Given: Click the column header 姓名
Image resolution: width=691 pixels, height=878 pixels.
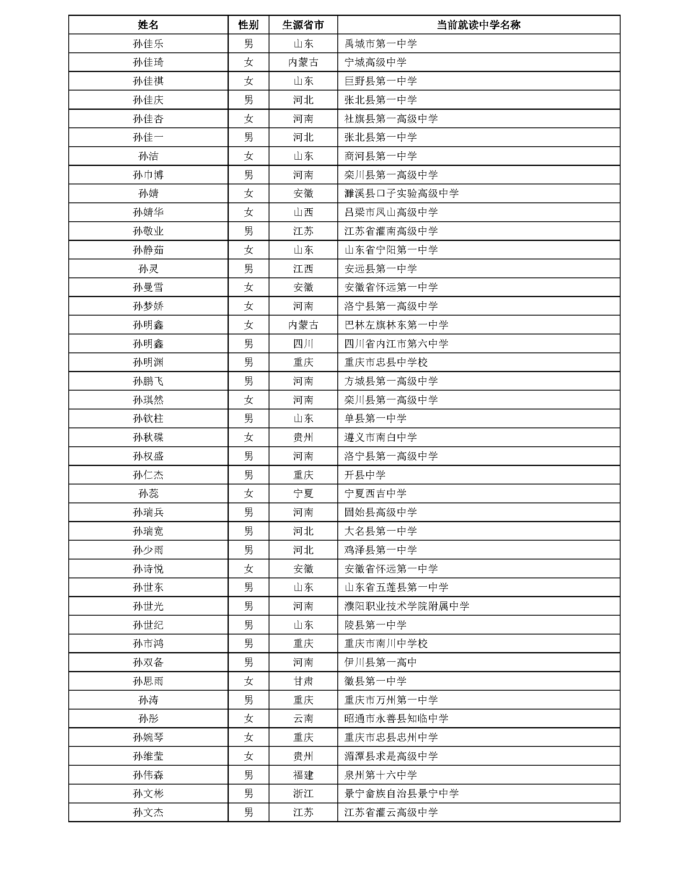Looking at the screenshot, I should [x=148, y=25].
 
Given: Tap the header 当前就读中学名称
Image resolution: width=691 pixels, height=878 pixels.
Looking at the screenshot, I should [x=478, y=25].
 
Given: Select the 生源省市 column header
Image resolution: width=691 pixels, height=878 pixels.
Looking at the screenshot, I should [x=303, y=25].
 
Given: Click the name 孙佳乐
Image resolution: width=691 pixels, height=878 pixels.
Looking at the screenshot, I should [x=148, y=44].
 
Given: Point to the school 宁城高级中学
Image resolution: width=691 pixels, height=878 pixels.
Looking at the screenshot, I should [x=375, y=62].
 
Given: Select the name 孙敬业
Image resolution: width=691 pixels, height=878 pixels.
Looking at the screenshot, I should [x=148, y=231].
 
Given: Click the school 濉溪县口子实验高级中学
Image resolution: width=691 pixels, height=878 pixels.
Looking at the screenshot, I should [x=401, y=194].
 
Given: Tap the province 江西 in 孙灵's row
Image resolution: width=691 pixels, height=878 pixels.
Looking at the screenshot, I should [x=303, y=269].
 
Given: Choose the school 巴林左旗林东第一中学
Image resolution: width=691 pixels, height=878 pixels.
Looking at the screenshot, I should [x=396, y=325].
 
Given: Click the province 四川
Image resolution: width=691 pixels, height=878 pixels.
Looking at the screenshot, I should [x=303, y=344].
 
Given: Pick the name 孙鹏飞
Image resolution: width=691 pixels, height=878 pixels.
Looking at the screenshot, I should [x=148, y=381].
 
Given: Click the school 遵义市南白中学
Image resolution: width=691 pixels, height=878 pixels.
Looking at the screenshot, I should [x=380, y=437].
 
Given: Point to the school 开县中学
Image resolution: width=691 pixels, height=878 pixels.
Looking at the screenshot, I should [x=365, y=475].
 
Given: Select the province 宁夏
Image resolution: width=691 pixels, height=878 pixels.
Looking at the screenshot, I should [x=303, y=493].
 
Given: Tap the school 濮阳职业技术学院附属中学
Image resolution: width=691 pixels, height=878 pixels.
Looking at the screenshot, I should [x=406, y=606].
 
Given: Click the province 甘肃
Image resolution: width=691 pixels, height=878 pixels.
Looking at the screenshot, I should [x=303, y=681].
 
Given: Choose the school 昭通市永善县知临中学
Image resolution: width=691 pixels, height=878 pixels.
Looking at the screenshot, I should [x=396, y=718].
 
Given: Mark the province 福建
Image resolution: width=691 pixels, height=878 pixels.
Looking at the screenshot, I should [x=303, y=775].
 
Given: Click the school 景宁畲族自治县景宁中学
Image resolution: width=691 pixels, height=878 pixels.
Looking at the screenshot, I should [x=401, y=793].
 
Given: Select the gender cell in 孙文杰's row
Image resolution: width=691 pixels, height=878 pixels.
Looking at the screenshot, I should [x=248, y=812].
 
